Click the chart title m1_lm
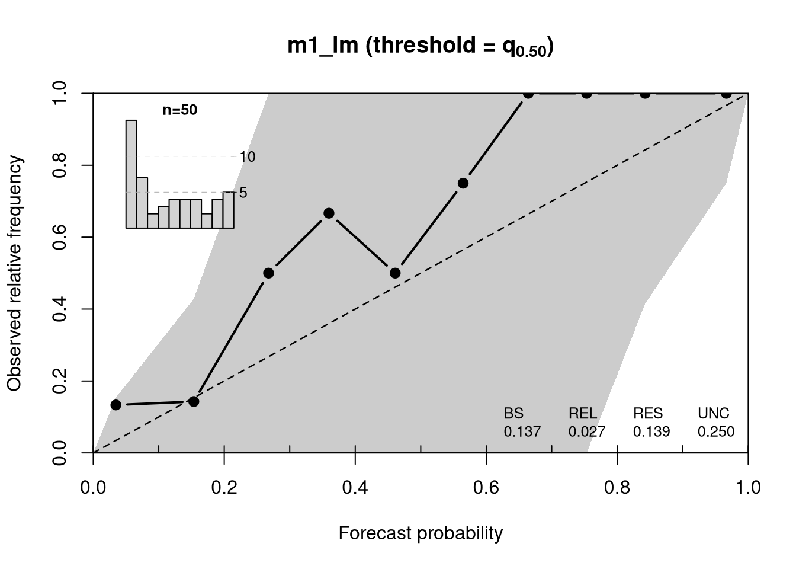323,46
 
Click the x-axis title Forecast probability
421,533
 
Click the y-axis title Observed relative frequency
14,273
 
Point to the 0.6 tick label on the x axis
486,487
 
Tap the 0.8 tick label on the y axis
59,165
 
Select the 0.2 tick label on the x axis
224,487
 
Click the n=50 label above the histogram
180,110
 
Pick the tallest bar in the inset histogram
131,174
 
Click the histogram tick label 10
248,157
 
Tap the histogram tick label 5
243,193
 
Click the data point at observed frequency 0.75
463,184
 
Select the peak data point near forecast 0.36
329,213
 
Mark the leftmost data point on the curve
116,405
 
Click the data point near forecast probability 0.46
395,273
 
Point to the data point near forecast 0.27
269,273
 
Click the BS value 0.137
522,431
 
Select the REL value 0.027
587,431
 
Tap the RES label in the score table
648,413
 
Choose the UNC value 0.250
716,431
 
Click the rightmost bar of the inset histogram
229,210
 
